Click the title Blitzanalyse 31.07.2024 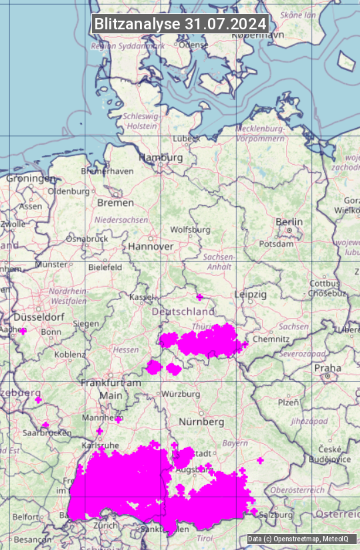[180, 24]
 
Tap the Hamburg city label [160, 158]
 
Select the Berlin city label [289, 222]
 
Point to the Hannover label [151, 247]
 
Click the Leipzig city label [251, 294]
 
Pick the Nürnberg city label [201, 422]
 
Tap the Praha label [327, 368]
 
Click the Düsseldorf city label [33, 317]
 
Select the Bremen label [115, 203]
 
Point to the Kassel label [142, 296]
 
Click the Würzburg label [181, 394]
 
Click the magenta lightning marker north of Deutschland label [199, 297]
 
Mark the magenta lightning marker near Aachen [23, 331]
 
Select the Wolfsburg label [190, 229]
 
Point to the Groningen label [31, 179]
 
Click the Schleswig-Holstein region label [141, 121]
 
